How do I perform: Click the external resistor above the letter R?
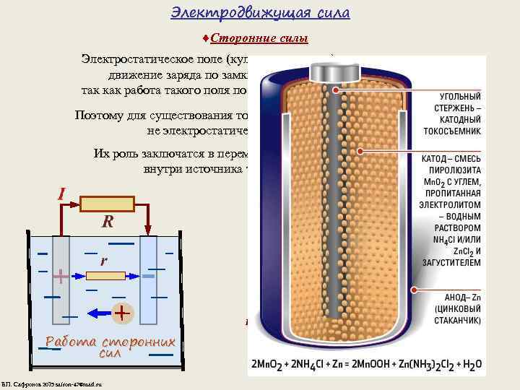click(x=108, y=204)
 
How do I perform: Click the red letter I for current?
click(x=63, y=194)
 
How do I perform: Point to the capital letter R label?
click(x=106, y=222)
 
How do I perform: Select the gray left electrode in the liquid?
click(x=61, y=282)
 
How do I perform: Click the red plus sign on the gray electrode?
click(x=61, y=276)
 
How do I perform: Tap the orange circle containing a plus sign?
click(x=122, y=313)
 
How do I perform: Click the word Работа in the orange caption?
click(x=72, y=342)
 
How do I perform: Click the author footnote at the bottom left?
click(x=52, y=383)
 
